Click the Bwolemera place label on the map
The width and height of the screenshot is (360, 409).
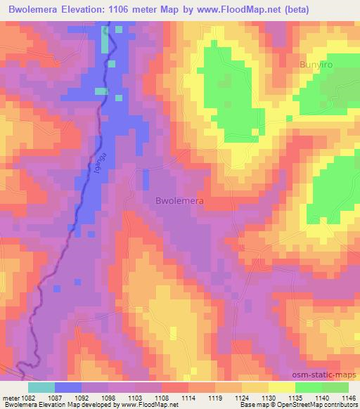pos(179,200)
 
